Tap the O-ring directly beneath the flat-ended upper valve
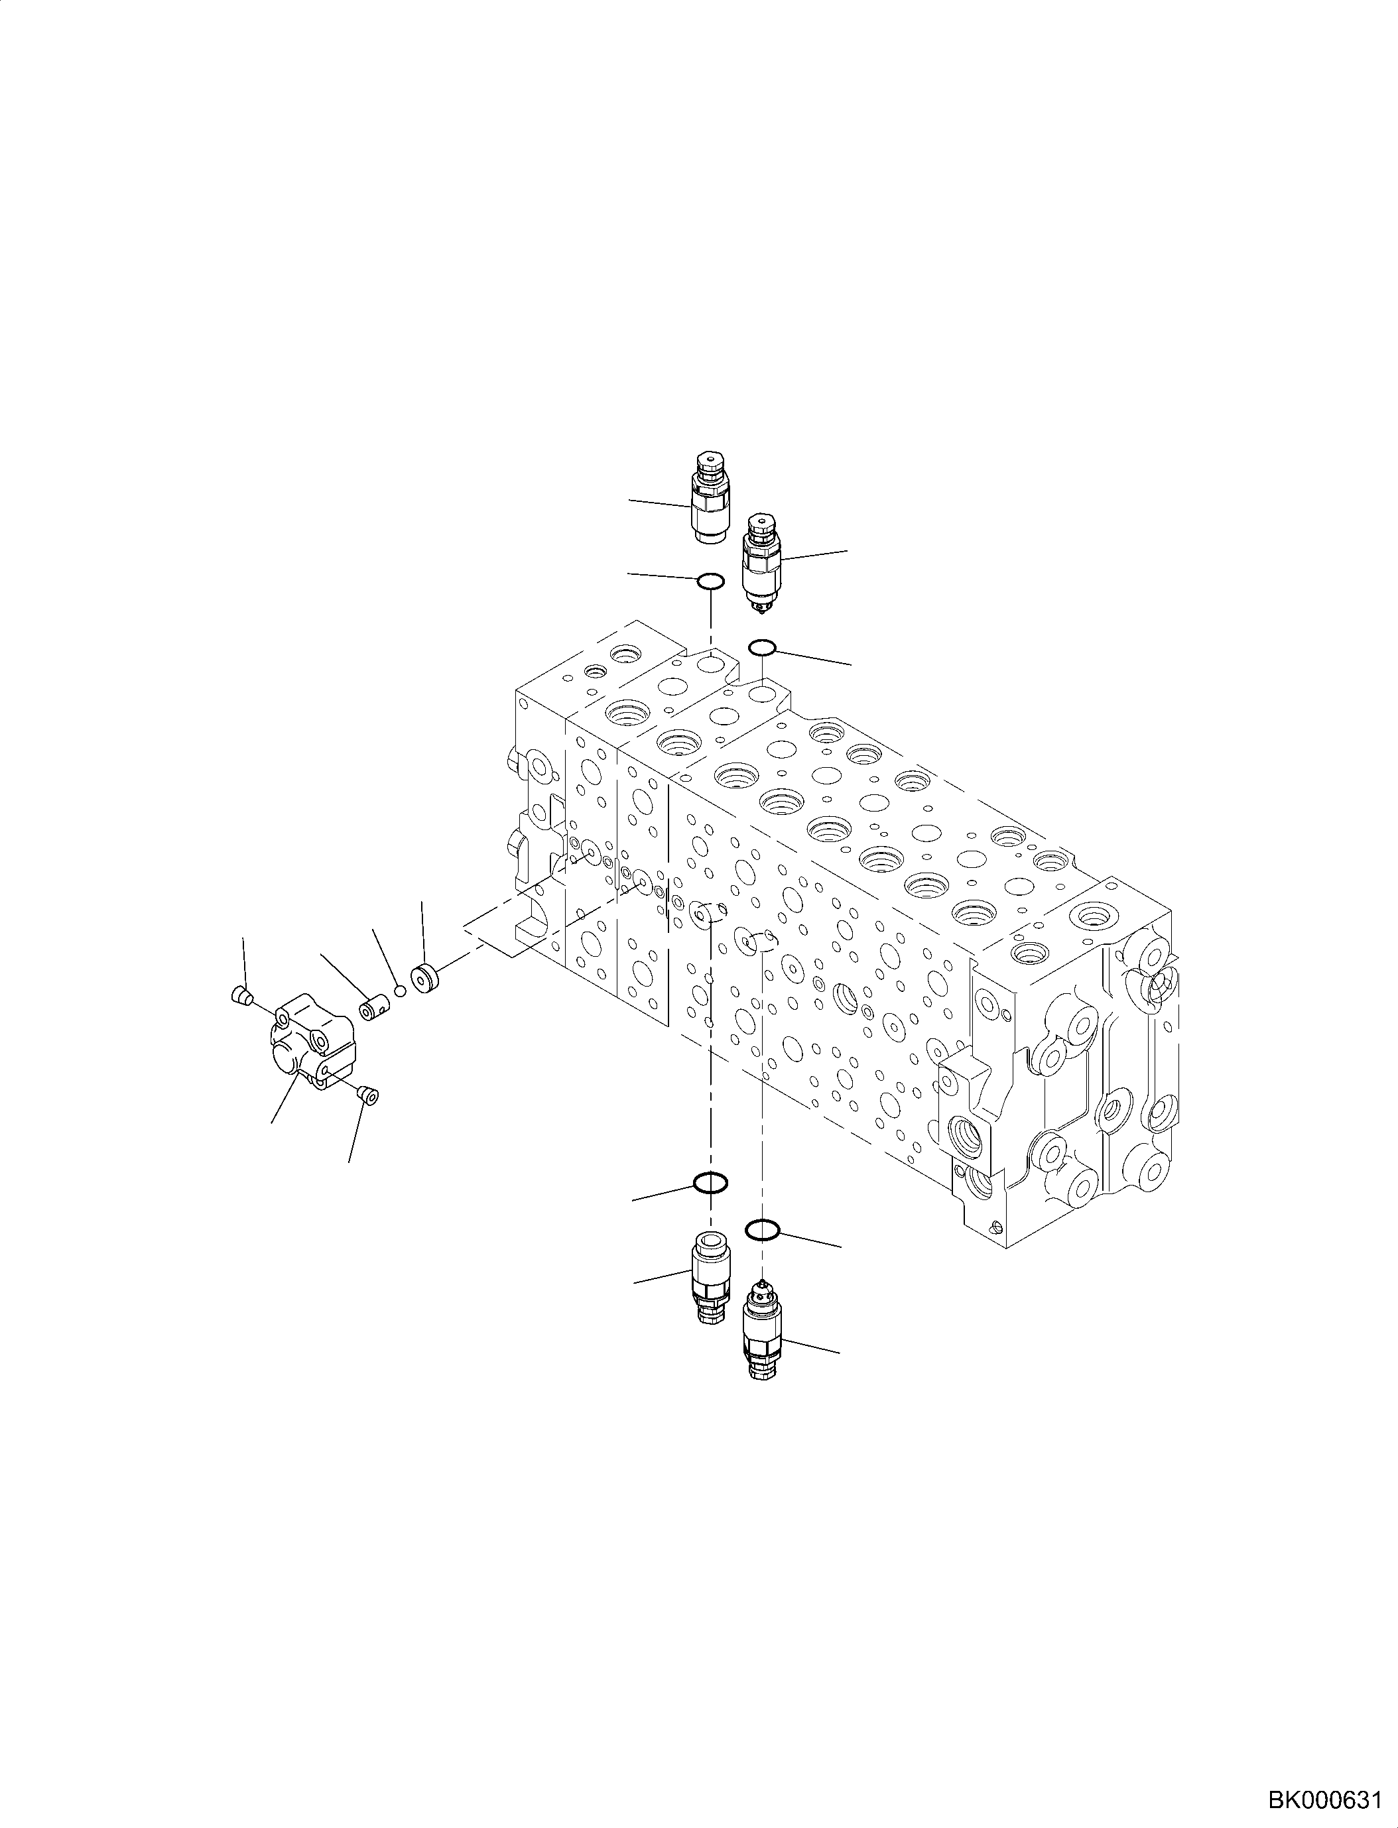[x=710, y=580]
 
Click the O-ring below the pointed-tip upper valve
[x=763, y=646]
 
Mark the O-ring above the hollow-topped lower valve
[x=711, y=1182]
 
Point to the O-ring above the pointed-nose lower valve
[x=762, y=1230]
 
